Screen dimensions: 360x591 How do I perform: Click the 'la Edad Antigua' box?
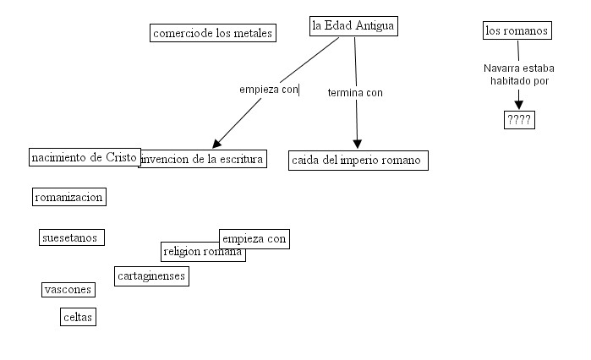[353, 26]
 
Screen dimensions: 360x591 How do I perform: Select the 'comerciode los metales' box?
[212, 33]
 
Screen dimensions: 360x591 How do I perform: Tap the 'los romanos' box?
[517, 31]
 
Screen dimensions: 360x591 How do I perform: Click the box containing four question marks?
[519, 119]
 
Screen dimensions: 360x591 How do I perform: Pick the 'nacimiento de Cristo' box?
[84, 157]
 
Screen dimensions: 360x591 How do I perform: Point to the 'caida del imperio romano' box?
[358, 160]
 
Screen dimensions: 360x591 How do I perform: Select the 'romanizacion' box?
[68, 197]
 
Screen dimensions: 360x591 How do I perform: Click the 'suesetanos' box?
[72, 237]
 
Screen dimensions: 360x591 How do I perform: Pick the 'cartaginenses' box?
[151, 275]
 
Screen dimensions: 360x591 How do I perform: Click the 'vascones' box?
[68, 290]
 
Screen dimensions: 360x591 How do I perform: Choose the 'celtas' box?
[78, 317]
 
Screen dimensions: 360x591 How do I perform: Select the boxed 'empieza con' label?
[254, 238]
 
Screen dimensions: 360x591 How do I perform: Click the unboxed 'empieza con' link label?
[269, 89]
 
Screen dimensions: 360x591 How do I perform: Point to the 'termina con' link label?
[355, 92]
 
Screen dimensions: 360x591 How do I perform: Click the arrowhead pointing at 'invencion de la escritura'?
[217, 142]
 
